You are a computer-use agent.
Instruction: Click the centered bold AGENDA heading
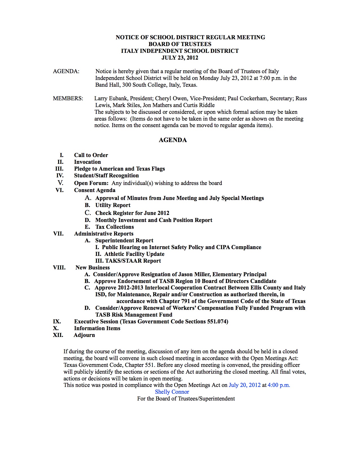click(173, 140)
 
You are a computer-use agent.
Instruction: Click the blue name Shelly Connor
click(172, 392)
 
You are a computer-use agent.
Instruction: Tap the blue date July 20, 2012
click(245, 385)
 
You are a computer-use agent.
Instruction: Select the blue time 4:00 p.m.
click(279, 385)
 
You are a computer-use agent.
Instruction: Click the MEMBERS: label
click(68, 98)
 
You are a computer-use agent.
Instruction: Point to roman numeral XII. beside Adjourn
click(58, 335)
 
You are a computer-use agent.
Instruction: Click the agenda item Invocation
click(87, 162)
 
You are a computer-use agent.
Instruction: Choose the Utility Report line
click(113, 205)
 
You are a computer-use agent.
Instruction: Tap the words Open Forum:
click(91, 183)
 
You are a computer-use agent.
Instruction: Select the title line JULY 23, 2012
click(180, 58)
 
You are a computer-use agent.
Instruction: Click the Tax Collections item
click(114, 227)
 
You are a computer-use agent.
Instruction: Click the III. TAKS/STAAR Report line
click(128, 261)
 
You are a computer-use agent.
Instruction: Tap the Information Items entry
click(97, 328)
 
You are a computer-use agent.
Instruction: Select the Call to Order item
click(91, 155)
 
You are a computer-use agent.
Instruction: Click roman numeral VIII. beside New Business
click(59, 267)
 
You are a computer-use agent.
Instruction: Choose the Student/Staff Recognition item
click(106, 175)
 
